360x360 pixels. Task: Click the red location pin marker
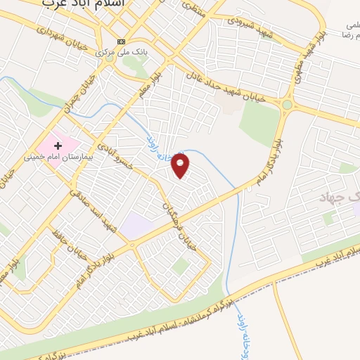(x=182, y=166)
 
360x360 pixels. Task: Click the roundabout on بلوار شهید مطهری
(x=287, y=105)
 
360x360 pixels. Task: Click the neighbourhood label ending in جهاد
(x=340, y=198)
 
